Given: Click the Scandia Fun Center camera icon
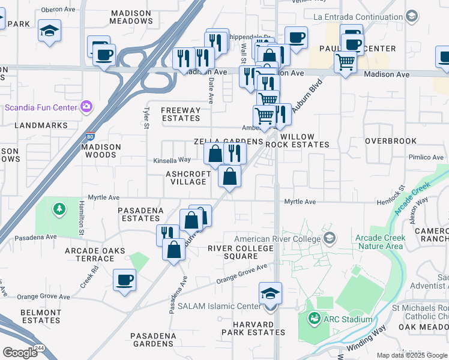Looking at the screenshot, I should pyautogui.click(x=86, y=107).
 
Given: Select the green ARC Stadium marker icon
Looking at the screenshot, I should pyautogui.click(x=312, y=319).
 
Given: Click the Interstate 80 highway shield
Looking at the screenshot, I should pyautogui.click(x=89, y=136).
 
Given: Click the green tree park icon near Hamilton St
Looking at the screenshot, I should pyautogui.click(x=59, y=209).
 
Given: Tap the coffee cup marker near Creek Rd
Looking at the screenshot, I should pyautogui.click(x=124, y=280).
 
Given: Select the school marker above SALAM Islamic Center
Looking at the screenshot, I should pyautogui.click(x=270, y=293).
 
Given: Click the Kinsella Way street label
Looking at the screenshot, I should pyautogui.click(x=172, y=160).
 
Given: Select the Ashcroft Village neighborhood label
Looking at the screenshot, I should pyautogui.click(x=188, y=178).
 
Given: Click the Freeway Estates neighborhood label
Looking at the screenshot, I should pyautogui.click(x=181, y=114).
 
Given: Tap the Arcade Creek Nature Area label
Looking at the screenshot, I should pyautogui.click(x=380, y=242).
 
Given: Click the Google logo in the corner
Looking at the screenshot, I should pyautogui.click(x=20, y=353).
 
